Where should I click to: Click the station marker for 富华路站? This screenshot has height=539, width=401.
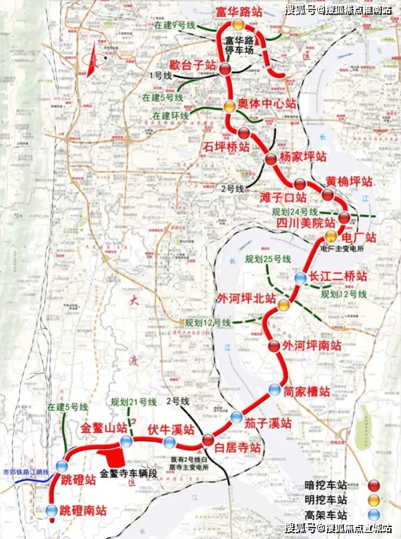point(237,25)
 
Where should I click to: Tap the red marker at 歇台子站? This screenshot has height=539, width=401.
point(225,71)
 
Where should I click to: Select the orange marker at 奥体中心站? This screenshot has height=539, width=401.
point(230,107)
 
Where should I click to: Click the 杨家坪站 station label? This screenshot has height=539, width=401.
point(304,156)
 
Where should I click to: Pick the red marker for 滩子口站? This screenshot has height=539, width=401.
point(300,185)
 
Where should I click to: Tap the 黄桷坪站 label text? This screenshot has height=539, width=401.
point(349,182)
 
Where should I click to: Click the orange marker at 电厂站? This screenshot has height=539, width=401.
point(331,236)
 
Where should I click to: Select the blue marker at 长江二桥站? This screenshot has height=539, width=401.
point(300,277)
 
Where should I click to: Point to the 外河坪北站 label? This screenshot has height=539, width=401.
point(246,298)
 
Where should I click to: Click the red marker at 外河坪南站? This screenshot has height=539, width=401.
point(274,345)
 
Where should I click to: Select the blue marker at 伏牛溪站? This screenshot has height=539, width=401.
point(169,442)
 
